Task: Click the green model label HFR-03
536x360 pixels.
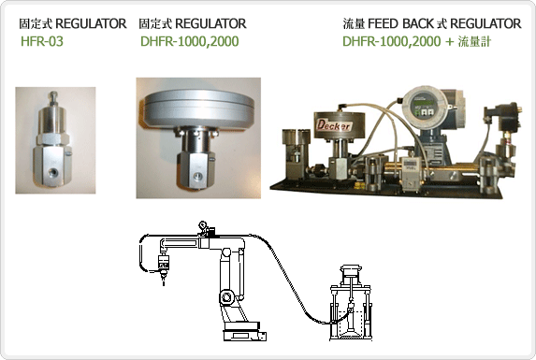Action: [x=42, y=41]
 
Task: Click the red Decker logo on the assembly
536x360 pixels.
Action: [x=333, y=125]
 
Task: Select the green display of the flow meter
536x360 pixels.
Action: [x=421, y=101]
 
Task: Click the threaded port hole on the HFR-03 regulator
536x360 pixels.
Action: [x=52, y=171]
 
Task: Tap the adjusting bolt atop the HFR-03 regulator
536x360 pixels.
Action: [x=53, y=98]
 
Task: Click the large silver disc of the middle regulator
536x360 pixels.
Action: [x=199, y=108]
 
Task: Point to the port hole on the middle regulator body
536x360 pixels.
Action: [x=198, y=176]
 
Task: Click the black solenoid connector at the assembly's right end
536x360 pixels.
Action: [x=503, y=116]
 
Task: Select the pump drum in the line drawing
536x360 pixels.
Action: [x=351, y=303]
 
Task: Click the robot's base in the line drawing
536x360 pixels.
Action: [x=244, y=331]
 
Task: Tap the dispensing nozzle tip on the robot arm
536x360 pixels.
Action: [x=164, y=280]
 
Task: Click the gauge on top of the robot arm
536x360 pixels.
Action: [x=203, y=224]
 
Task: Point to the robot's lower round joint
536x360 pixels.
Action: [x=226, y=296]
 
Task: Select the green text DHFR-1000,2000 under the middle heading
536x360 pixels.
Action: [x=190, y=41]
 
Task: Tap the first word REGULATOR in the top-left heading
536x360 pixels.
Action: [x=91, y=23]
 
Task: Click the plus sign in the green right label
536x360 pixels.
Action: [x=449, y=42]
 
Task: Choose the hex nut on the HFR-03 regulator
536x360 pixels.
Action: [x=53, y=138]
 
